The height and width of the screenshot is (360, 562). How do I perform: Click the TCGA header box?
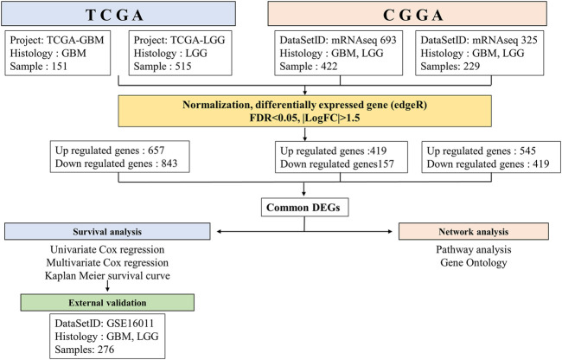[x=118, y=14]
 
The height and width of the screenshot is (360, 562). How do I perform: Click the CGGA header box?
[x=407, y=14]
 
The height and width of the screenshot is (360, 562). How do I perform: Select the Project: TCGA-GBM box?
[x=58, y=53]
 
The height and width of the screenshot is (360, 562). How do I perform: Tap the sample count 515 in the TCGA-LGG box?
[x=183, y=67]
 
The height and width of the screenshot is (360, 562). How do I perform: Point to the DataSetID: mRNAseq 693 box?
[x=338, y=53]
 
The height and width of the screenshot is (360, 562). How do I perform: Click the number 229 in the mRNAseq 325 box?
[x=470, y=67]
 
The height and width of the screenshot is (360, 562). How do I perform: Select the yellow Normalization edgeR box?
[x=304, y=111]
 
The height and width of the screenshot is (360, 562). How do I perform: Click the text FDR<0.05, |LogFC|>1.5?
[x=304, y=118]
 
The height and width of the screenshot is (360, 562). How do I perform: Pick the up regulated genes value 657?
[x=156, y=151]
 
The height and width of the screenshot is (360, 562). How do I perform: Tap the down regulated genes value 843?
[x=169, y=164]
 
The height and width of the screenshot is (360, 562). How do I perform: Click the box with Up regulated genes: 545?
[x=491, y=157]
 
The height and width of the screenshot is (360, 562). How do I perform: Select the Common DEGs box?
[x=304, y=207]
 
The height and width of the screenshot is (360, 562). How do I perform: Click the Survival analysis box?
[x=107, y=231]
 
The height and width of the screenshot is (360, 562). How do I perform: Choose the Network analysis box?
[x=474, y=231]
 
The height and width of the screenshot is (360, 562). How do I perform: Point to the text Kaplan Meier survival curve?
[x=107, y=276]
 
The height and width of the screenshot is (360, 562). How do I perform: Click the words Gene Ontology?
[x=474, y=263]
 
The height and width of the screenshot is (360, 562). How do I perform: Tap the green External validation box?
[x=107, y=302]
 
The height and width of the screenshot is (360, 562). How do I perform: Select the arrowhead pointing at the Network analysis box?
[x=390, y=232]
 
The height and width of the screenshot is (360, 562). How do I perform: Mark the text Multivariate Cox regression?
[x=107, y=263]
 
